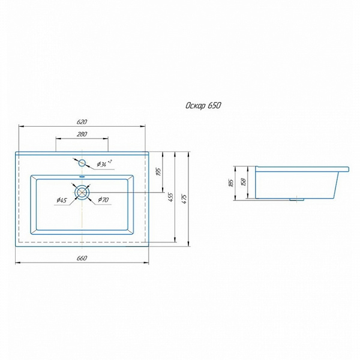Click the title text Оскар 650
[x=203, y=106]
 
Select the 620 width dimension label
[x=82, y=122]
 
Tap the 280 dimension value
[x=82, y=134]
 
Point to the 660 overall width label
[x=82, y=258]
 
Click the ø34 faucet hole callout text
[x=104, y=163]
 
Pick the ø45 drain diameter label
[x=62, y=200]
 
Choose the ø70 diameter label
[x=103, y=200]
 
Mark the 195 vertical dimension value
[x=159, y=172]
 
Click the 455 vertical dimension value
[x=171, y=197]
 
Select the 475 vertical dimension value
[x=184, y=199]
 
